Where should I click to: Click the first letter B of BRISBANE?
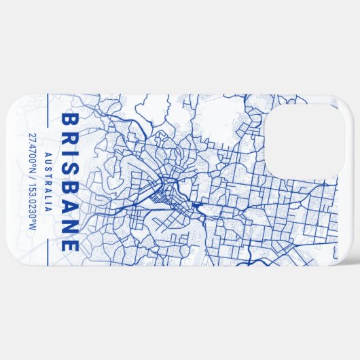point(69,120)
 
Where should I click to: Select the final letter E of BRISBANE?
point(69,245)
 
